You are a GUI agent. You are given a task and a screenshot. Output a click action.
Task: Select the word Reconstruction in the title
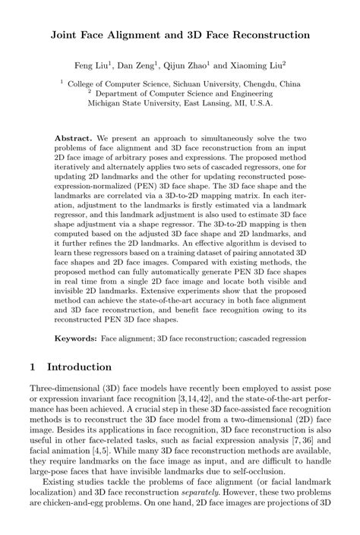coord(263,35)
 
